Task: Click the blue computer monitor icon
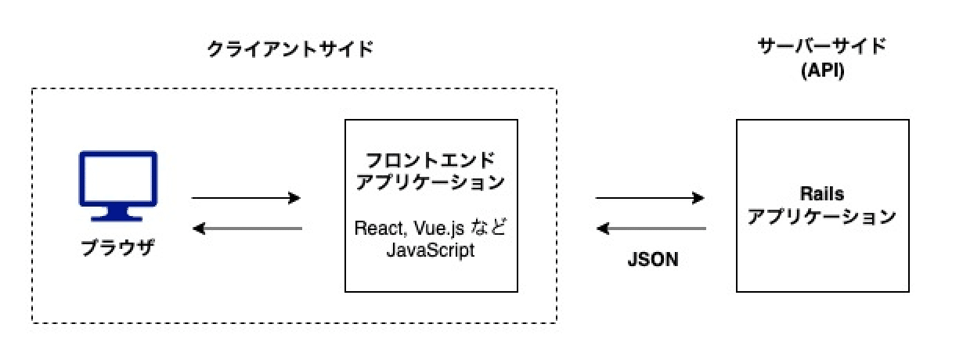coord(119,185)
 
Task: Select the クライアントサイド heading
coord(290,49)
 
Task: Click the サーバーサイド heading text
coord(821,46)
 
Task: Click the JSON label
coord(652,261)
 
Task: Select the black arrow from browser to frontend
coord(246,198)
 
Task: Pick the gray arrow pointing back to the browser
coord(246,229)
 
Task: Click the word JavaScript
coord(431,253)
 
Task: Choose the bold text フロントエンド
coord(431,161)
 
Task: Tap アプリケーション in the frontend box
coord(431,182)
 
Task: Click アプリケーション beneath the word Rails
coord(821,217)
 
